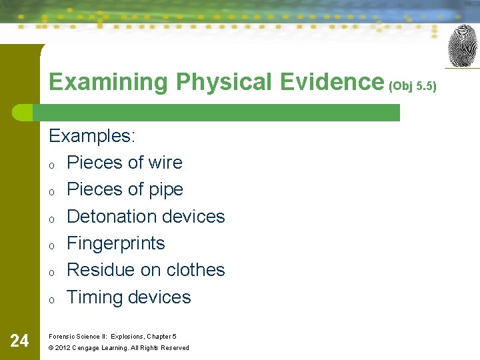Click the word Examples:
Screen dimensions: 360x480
[92, 136]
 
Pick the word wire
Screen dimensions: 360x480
[163, 163]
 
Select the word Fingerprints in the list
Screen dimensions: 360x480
[116, 243]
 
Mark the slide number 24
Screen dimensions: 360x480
[20, 341]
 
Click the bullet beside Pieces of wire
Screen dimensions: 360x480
[52, 165]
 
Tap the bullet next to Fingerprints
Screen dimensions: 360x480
[52, 245]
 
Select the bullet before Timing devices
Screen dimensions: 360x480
[52, 299]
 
